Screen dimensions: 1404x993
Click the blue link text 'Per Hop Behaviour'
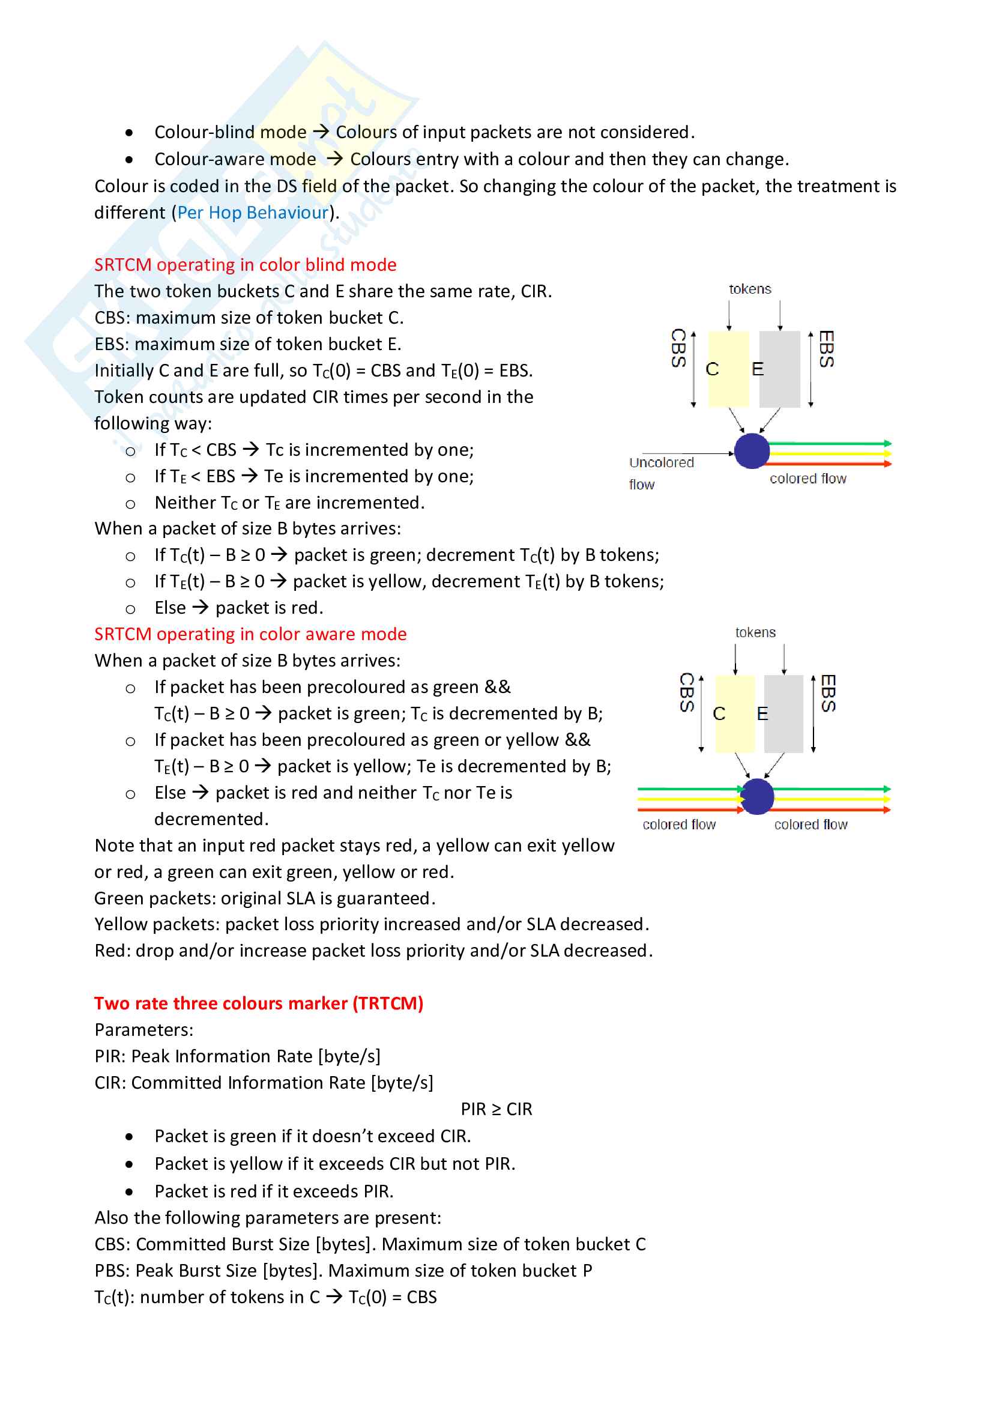point(253,213)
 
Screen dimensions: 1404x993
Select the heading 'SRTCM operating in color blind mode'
point(245,265)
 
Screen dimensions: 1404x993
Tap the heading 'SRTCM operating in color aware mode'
point(250,634)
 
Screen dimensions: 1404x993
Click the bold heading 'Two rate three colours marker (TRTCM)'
point(259,1003)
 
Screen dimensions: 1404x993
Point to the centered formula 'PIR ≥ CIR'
point(496,1109)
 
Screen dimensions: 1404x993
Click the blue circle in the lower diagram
point(757,796)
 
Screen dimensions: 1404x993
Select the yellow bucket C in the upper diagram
point(728,369)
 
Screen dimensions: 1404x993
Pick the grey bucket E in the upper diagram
point(780,369)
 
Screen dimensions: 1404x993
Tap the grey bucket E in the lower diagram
point(783,713)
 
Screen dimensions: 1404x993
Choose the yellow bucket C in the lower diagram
point(734,713)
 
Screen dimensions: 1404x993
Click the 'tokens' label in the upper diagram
point(750,289)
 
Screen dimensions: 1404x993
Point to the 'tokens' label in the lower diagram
point(755,632)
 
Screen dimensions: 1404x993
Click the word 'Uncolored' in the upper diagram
point(661,463)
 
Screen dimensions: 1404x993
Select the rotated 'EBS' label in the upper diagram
point(826,349)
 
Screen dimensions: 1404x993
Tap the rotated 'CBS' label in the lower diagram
point(687,693)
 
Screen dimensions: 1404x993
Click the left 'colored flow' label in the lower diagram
point(679,825)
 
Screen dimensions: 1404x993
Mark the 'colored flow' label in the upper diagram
point(807,479)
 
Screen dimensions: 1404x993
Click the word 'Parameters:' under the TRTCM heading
point(143,1030)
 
